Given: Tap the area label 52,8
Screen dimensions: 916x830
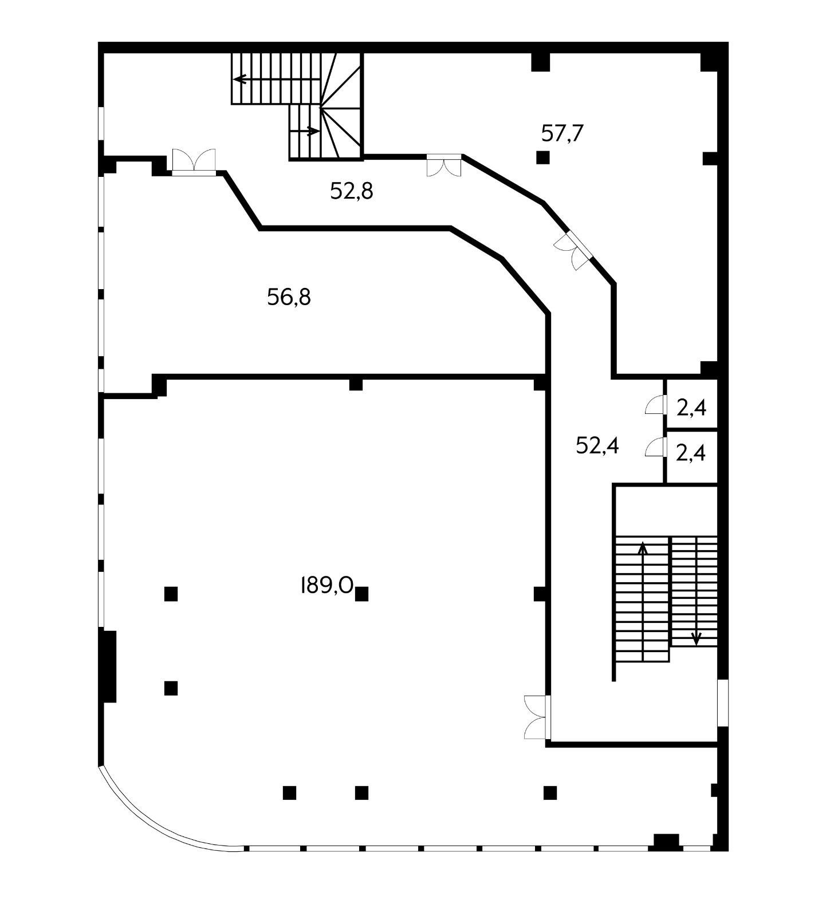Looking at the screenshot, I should point(351,191).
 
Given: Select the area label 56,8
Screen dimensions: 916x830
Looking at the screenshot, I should point(289,297).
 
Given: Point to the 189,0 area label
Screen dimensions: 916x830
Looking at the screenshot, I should point(326,585).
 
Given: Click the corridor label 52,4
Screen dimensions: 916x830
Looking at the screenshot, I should point(597,445).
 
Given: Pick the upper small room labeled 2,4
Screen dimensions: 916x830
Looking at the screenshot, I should point(691,408).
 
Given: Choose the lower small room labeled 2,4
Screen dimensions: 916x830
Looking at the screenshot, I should point(691,453).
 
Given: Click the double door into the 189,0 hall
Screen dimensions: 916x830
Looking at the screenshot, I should point(537,717).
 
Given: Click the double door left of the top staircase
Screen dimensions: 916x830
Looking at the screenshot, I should point(194,161).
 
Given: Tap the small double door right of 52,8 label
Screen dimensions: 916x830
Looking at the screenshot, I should point(444,165).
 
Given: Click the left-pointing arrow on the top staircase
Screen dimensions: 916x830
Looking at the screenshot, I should point(240,79).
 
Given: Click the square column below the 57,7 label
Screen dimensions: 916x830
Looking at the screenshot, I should point(542,157).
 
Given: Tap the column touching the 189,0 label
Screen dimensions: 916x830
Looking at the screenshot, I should point(361,594).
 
